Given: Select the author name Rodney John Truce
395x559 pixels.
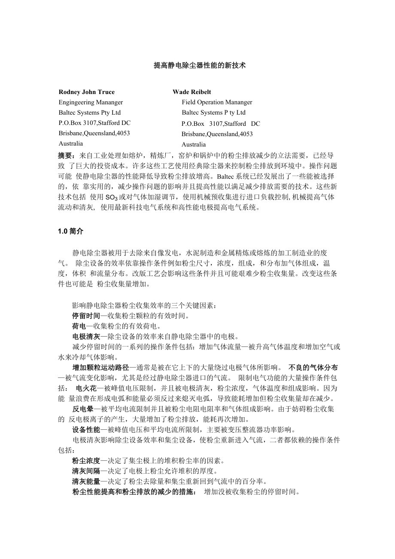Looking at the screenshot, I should (x=85, y=92).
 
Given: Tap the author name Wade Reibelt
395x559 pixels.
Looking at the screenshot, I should (x=192, y=92).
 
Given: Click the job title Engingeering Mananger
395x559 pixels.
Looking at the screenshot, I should (x=91, y=102).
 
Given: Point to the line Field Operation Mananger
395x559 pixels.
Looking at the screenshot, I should (x=217, y=102).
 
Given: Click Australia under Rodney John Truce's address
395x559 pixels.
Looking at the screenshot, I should (x=71, y=143).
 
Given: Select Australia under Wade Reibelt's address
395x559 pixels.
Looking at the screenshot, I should (x=194, y=144).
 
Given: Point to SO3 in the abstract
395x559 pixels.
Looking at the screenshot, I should (x=112, y=197).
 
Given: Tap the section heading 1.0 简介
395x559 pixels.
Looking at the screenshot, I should (x=71, y=231).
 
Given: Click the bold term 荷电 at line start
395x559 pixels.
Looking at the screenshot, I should (x=79, y=326).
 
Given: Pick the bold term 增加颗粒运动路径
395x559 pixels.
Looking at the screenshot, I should (x=101, y=368).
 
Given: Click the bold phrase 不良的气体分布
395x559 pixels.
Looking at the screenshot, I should (x=313, y=368).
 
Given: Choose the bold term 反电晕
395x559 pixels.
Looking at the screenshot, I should (x=83, y=409).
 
